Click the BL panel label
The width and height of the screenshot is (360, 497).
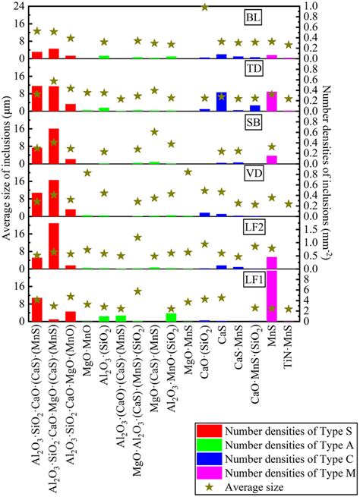pos(272,17)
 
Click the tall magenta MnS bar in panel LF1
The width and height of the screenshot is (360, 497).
pos(272,296)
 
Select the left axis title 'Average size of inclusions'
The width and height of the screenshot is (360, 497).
pos(6,175)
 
